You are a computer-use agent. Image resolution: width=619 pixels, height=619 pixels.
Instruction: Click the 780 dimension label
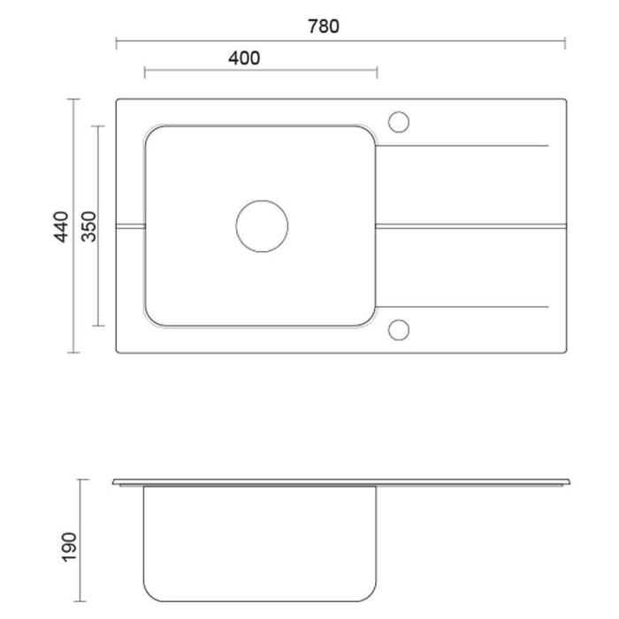[x=324, y=27]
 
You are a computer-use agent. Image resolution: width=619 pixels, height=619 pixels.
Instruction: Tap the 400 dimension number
[x=244, y=58]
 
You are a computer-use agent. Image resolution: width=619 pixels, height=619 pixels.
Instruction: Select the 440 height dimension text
[x=62, y=226]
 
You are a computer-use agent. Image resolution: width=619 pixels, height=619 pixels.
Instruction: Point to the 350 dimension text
[x=88, y=226]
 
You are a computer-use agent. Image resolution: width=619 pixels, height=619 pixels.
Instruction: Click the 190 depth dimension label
[x=70, y=546]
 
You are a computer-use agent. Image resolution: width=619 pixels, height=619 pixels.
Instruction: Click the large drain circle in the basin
[x=262, y=200]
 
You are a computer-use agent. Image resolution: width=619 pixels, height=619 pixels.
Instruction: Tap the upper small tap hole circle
[x=398, y=111]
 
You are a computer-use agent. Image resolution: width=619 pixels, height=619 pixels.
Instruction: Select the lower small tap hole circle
[x=398, y=320]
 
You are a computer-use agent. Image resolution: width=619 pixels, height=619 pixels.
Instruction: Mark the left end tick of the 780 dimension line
[x=116, y=43]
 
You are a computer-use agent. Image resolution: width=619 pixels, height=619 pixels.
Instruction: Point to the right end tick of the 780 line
[x=565, y=43]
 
